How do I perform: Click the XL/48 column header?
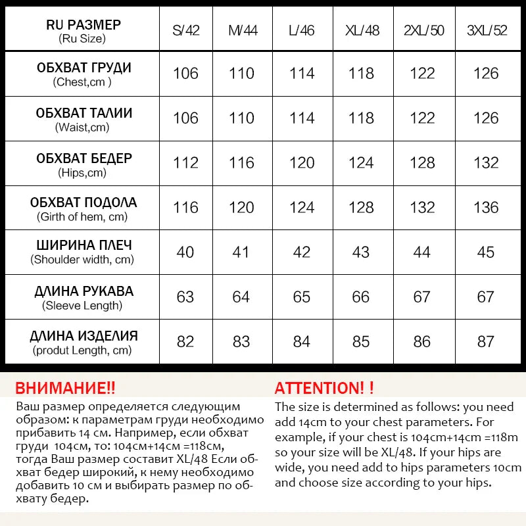click(362, 30)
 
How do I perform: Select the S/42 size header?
click(185, 30)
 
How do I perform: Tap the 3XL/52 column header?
click(486, 30)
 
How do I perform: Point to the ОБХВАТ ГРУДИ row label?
click(84, 68)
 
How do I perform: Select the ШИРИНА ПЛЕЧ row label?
click(84, 245)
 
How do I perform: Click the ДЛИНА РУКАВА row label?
click(84, 291)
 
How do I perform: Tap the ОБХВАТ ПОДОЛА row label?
click(84, 203)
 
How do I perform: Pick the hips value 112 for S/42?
click(185, 162)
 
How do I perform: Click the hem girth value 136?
click(486, 207)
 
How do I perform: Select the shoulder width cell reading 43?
click(362, 252)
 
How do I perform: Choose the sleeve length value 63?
click(185, 297)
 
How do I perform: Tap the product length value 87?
click(486, 341)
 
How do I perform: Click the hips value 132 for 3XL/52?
click(486, 162)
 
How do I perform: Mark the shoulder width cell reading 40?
click(185, 252)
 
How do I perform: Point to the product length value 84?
click(302, 341)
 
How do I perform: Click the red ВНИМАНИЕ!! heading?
click(65, 387)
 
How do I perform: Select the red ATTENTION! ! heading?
click(324, 388)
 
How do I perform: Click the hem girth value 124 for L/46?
click(302, 207)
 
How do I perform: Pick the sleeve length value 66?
click(362, 297)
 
